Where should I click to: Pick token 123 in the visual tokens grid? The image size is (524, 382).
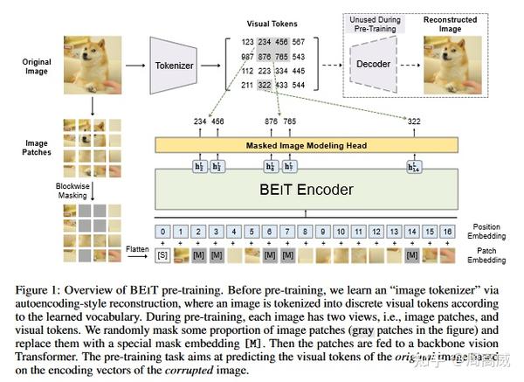tap(247, 41)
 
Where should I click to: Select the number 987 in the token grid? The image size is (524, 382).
tap(247, 56)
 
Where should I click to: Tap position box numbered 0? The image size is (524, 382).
tap(162, 233)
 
